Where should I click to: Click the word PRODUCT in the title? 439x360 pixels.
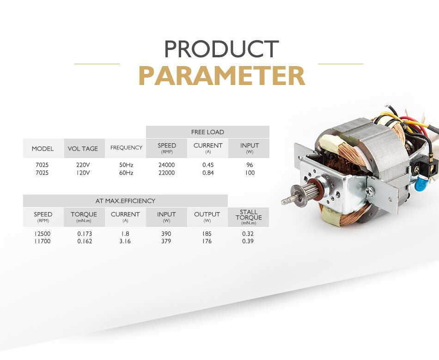click(221, 49)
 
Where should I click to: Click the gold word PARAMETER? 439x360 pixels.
click(221, 75)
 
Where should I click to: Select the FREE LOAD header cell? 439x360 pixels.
click(207, 132)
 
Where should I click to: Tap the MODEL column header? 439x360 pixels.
click(43, 149)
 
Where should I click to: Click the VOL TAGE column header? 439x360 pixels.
click(83, 149)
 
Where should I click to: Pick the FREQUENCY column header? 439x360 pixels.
click(126, 147)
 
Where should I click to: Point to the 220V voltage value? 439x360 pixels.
click(83, 165)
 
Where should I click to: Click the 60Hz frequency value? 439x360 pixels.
click(126, 173)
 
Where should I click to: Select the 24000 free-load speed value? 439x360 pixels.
click(166, 165)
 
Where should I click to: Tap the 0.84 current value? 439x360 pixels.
click(208, 173)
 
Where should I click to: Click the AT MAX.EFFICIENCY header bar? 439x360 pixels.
click(125, 201)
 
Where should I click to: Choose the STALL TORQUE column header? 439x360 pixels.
click(249, 217)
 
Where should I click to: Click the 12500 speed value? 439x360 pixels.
click(43, 234)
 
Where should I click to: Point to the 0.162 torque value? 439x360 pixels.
click(85, 241)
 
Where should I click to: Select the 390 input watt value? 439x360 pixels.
click(166, 234)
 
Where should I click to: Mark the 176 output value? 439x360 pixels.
click(207, 241)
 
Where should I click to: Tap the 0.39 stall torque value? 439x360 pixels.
click(248, 241)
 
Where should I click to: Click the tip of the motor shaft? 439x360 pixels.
click(282, 201)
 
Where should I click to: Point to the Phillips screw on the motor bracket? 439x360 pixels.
click(370, 191)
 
